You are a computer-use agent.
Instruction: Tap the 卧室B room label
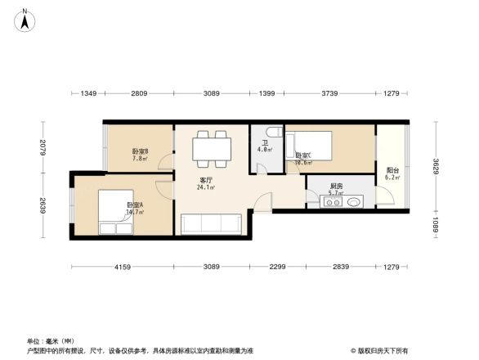click(x=140, y=151)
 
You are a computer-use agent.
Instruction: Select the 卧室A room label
click(x=135, y=205)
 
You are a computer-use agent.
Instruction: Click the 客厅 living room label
click(x=207, y=179)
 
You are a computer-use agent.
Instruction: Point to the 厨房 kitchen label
click(x=336, y=186)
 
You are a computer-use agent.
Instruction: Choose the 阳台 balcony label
click(x=392, y=170)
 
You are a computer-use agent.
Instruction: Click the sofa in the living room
click(x=212, y=224)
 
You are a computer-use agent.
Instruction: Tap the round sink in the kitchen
click(x=353, y=202)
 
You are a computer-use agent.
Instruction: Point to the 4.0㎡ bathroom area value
click(x=265, y=150)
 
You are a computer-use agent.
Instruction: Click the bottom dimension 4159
click(x=122, y=268)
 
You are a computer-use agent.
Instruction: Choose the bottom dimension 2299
click(x=279, y=268)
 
